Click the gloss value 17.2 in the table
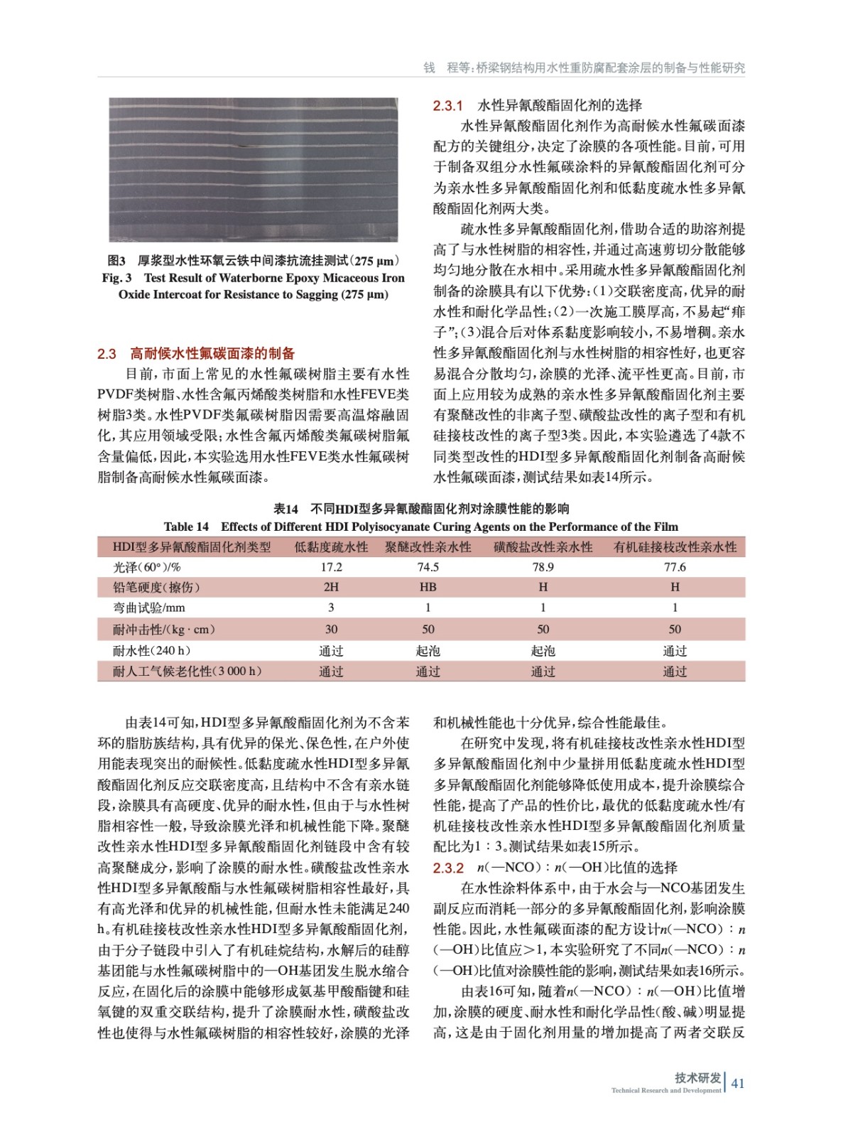(331, 567)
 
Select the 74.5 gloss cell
(428, 567)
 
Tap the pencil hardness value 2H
(331, 587)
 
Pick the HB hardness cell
(428, 587)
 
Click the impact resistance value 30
(331, 629)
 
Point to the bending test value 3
(331, 608)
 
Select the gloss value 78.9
(543, 567)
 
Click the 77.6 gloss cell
(675, 567)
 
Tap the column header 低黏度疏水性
(331, 546)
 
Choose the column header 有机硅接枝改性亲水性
(675, 546)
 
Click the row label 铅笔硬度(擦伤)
(156, 587)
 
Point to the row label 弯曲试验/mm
(148, 608)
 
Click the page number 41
(738, 1083)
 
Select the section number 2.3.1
(447, 106)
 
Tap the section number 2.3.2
(448, 868)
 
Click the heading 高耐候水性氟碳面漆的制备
(212, 353)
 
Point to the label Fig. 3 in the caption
(116, 278)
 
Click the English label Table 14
(186, 527)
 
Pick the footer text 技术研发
(697, 1077)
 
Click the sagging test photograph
(253, 170)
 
